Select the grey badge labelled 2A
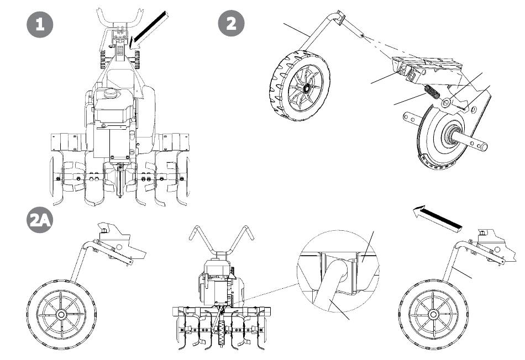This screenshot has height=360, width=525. pos(40,223)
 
